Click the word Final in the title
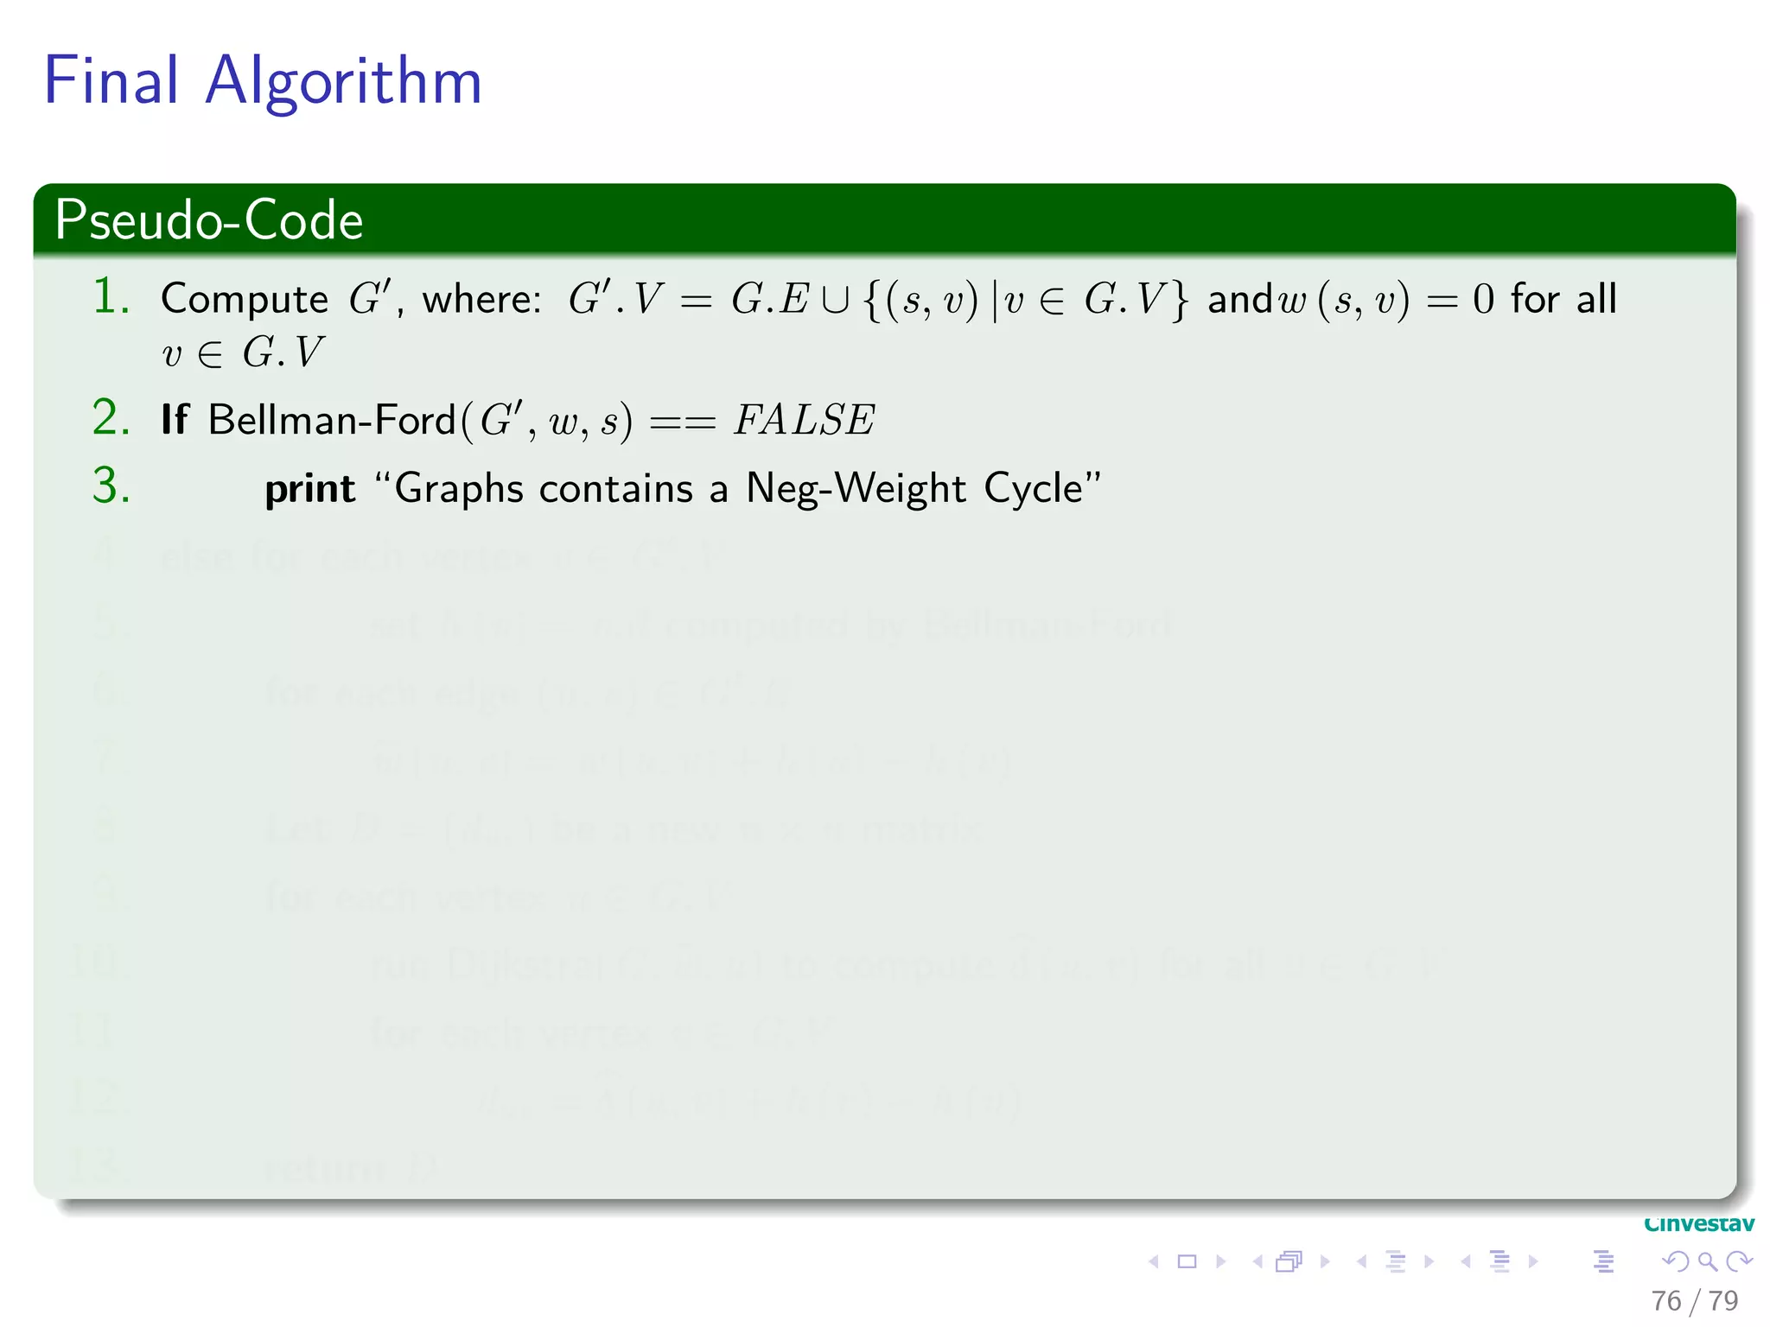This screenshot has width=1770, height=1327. (x=111, y=80)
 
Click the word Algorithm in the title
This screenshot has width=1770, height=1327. (x=343, y=82)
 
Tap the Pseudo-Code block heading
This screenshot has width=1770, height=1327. (x=208, y=219)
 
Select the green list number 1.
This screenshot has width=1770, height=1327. (x=111, y=297)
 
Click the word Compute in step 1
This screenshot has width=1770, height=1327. (x=244, y=300)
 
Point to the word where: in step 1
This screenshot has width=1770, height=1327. (x=481, y=300)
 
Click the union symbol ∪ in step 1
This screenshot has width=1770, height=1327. (x=835, y=300)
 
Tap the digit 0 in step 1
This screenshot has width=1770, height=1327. (x=1483, y=300)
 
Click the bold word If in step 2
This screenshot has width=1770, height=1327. (x=174, y=420)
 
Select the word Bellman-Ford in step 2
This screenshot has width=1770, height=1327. (x=331, y=420)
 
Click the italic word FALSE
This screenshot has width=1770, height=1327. (x=804, y=421)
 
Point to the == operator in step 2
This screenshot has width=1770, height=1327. (x=682, y=422)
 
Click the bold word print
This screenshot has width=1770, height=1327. (x=309, y=490)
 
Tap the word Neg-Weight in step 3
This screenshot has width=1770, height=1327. (x=855, y=489)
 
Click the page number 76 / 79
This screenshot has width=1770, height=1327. (x=1694, y=1300)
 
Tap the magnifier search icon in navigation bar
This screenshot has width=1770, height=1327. (x=1707, y=1261)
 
